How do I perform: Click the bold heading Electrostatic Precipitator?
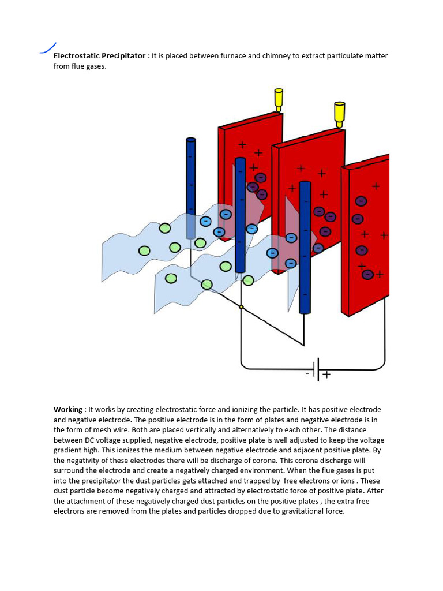pyautogui.click(x=100, y=56)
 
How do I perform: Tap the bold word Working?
pyautogui.click(x=68, y=409)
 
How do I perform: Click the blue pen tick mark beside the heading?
pyautogui.click(x=48, y=48)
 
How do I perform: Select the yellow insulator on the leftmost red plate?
pyautogui.click(x=279, y=99)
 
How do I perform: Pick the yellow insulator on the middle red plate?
pyautogui.click(x=339, y=114)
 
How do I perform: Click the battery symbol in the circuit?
pyautogui.click(x=317, y=369)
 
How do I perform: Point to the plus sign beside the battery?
pyautogui.click(x=326, y=375)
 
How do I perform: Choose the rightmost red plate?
pyautogui.click(x=367, y=231)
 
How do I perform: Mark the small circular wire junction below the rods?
pyautogui.click(x=241, y=307)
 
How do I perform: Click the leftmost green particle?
pyautogui.click(x=144, y=250)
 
